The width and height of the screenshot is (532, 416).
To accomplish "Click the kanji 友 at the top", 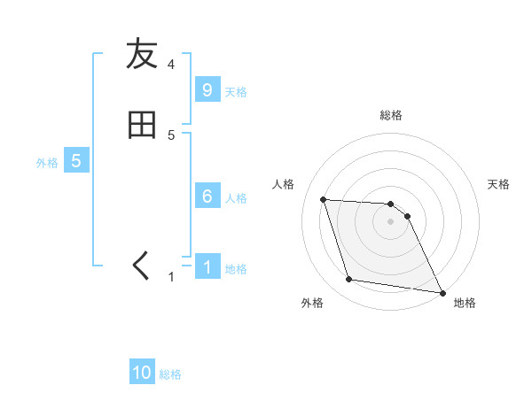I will [142, 55].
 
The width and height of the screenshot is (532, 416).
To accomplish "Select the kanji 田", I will [142, 125].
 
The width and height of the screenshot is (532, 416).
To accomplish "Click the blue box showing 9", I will [207, 89].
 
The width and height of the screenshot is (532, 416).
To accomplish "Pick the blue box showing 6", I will [207, 196].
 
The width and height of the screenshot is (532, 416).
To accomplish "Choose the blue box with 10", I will [142, 373].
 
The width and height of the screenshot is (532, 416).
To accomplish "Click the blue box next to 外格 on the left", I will [76, 161].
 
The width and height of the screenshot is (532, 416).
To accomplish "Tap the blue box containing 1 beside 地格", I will [207, 266].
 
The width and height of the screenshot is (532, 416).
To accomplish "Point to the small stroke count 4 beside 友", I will [171, 65].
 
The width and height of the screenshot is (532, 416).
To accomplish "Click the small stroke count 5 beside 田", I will [171, 135].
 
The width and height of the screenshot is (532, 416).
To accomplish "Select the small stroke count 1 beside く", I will [171, 277].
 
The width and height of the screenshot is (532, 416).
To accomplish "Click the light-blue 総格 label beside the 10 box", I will [170, 374].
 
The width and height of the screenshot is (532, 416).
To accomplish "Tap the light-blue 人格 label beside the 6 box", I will [236, 197].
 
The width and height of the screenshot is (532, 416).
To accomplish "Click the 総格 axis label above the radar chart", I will [391, 115].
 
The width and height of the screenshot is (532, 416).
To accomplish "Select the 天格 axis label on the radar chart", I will [498, 184].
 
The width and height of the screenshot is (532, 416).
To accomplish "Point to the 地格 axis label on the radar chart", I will [465, 303].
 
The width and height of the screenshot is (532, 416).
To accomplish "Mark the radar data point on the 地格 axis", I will [442, 292].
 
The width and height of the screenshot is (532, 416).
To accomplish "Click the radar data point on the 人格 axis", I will [324, 200].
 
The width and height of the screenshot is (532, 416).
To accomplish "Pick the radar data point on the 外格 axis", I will [349, 280].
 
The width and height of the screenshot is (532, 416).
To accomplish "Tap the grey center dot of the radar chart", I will [391, 222].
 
